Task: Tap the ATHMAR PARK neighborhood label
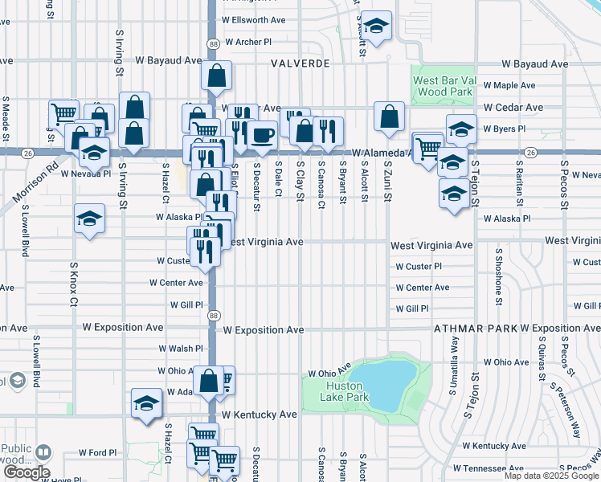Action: (x=474, y=329)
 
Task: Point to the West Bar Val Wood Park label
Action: (x=440, y=87)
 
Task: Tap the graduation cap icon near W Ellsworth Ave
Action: (x=376, y=24)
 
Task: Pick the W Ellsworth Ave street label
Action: (x=255, y=19)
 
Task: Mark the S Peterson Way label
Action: (x=565, y=402)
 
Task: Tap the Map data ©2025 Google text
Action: (x=551, y=476)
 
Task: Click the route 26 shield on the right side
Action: (x=530, y=152)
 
